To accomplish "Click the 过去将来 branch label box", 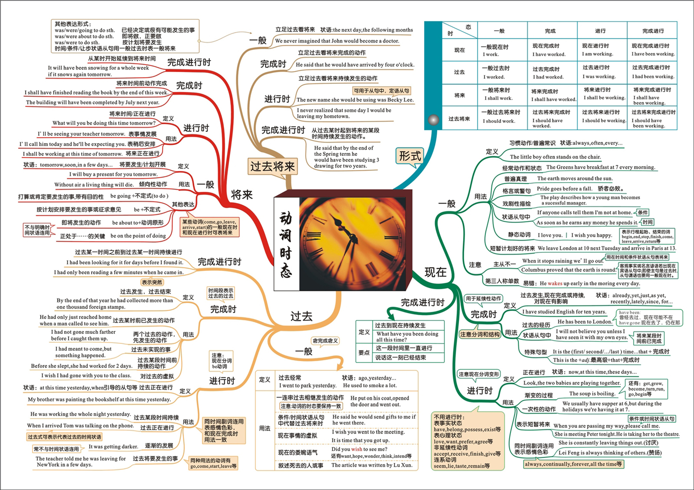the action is tap(272, 166).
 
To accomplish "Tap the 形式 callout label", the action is tap(409, 156).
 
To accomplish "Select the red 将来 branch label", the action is tap(242, 195).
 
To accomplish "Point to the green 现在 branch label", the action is tap(435, 272).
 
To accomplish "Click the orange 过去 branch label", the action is tap(301, 316).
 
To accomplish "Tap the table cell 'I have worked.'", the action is tap(549, 54).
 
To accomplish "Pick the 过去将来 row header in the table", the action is tap(459, 118).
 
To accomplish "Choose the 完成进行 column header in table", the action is tap(653, 31).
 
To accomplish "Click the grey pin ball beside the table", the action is tap(434, 120).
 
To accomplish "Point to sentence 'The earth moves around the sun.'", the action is tap(574, 178).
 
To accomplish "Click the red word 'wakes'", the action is tap(555, 283).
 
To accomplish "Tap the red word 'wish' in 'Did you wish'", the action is tap(357, 449).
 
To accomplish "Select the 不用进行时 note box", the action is tap(468, 441).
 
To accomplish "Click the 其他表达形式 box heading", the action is tap(73, 24).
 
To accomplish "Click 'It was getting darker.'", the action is tap(113, 446).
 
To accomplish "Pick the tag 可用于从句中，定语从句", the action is tap(381, 91).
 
